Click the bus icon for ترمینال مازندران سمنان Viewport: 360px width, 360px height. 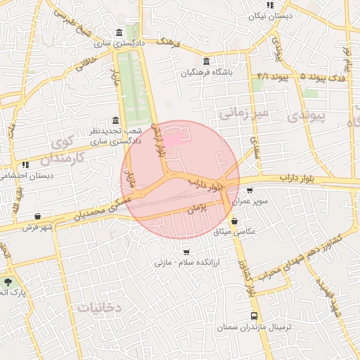[x=254, y=316]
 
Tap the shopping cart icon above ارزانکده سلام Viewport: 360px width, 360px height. [x=186, y=252]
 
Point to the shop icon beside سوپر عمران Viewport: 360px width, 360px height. [x=250, y=191]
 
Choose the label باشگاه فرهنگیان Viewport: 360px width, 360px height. [x=207, y=72]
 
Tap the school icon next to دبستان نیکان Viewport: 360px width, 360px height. [x=271, y=5]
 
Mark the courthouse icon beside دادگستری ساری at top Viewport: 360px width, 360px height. [x=117, y=32]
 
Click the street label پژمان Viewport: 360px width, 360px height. [x=198, y=208]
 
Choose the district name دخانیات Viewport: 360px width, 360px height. [x=99, y=307]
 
